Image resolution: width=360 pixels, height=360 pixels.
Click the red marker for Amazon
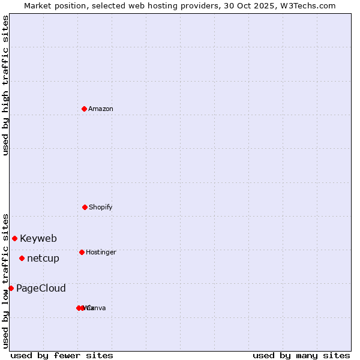[x=84, y=109]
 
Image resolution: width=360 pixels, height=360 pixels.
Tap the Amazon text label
[x=101, y=109]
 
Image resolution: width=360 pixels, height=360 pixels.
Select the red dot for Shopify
[x=85, y=207]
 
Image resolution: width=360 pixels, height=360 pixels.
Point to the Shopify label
[x=101, y=207]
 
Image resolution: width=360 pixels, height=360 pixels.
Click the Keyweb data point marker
[x=14, y=238]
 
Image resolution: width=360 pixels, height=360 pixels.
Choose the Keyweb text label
[x=38, y=238]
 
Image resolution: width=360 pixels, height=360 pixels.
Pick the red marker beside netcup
[x=22, y=258]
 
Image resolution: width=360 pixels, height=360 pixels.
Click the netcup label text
[x=43, y=258]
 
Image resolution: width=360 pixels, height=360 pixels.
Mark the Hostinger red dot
[x=82, y=252]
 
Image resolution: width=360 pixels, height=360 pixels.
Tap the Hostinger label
[x=101, y=252]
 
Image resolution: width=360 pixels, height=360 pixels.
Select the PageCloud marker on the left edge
[x=11, y=288]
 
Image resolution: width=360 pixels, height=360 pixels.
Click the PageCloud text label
[x=41, y=288]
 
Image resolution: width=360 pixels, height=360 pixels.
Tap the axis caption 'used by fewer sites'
[x=62, y=355]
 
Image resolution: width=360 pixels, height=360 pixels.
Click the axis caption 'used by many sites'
[x=301, y=355]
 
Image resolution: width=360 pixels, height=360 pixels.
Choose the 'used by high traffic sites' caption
[x=5, y=85]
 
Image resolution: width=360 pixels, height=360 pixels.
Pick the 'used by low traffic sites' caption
[x=5, y=281]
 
